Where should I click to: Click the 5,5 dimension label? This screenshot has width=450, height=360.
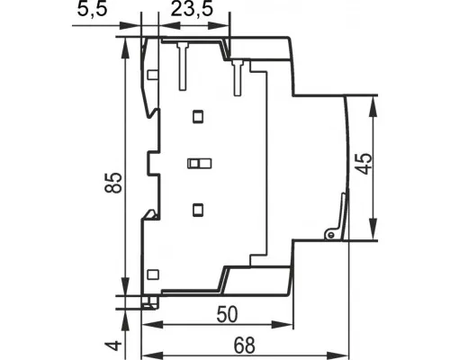click(92, 10)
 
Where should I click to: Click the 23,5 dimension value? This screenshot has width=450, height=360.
click(192, 10)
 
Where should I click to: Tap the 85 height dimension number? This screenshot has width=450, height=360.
click(113, 183)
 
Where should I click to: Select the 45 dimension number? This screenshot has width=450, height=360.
click(365, 164)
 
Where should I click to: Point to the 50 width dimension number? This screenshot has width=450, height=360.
click(227, 315)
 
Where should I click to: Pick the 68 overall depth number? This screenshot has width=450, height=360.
click(245, 346)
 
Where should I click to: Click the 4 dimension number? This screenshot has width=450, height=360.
click(113, 346)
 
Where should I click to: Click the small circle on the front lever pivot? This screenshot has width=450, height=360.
click(331, 235)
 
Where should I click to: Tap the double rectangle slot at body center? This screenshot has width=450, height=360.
click(199, 164)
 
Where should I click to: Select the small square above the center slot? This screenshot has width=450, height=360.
click(198, 117)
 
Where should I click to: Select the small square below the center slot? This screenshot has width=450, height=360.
click(198, 210)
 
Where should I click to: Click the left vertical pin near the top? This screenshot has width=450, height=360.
click(183, 67)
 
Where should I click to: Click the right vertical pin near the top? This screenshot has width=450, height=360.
click(238, 78)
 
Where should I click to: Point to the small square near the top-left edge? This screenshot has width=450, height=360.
click(153, 75)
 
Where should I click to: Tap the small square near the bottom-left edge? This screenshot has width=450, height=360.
click(153, 274)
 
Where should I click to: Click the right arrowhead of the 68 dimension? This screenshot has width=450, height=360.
click(339, 355)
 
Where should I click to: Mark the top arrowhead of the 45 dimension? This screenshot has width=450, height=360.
click(373, 106)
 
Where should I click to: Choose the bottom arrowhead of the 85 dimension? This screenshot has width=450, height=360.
click(126, 285)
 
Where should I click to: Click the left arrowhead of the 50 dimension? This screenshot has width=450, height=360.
click(152, 324)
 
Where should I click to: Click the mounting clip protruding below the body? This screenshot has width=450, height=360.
click(150, 302)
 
